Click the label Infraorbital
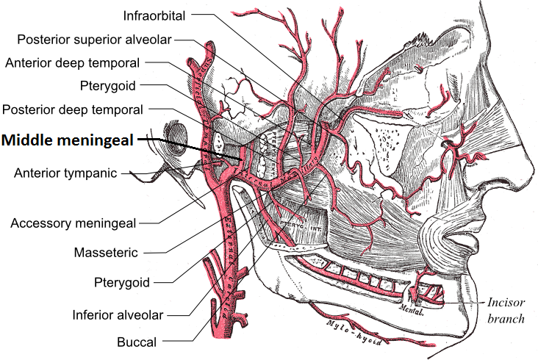154,15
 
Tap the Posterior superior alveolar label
93,39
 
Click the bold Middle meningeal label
68,140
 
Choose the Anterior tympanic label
66,173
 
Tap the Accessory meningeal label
73,222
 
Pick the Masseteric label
106,253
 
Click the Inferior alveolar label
118,314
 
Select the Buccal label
136,342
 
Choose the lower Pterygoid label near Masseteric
123,282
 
